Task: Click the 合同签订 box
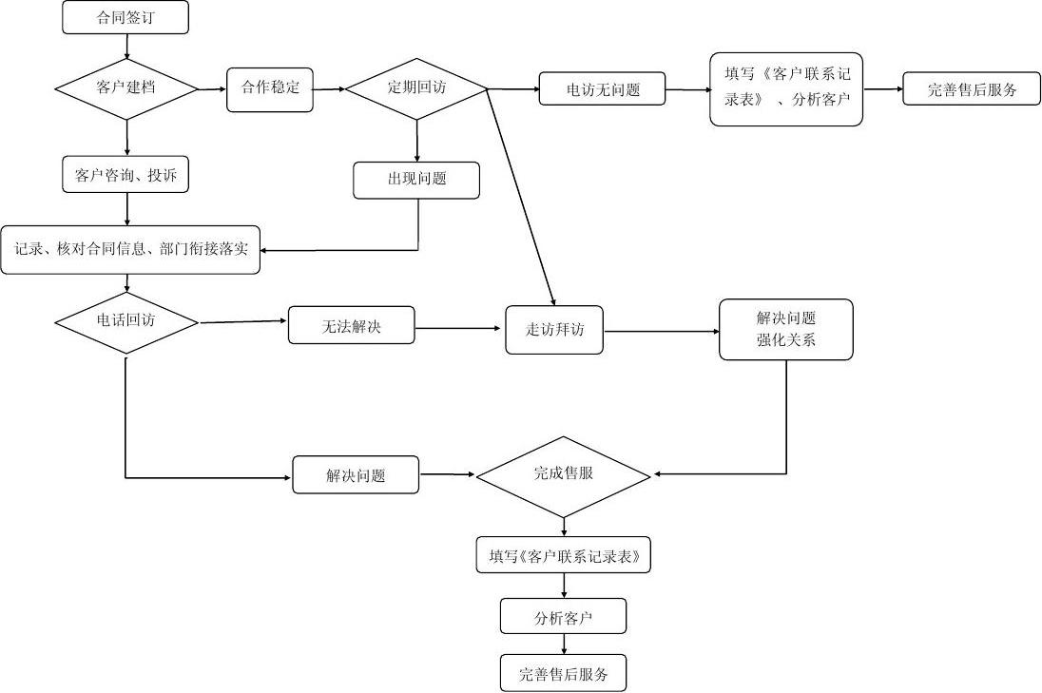click(x=125, y=18)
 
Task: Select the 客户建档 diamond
click(x=126, y=88)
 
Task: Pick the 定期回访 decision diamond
click(x=416, y=88)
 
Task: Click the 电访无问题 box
click(x=602, y=89)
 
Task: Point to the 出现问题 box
click(x=416, y=180)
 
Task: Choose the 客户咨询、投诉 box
click(x=126, y=175)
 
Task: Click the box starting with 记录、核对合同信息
click(x=130, y=250)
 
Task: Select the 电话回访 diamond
click(x=126, y=321)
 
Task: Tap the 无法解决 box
click(x=351, y=326)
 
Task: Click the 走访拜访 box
click(x=554, y=330)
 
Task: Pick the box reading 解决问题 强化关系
click(x=786, y=330)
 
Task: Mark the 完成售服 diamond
click(x=564, y=473)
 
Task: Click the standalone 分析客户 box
click(x=564, y=618)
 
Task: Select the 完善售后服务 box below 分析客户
click(x=564, y=675)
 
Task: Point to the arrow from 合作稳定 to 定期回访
click(x=328, y=89)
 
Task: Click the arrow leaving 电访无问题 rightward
click(x=686, y=89)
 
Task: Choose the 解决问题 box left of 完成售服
click(x=356, y=475)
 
